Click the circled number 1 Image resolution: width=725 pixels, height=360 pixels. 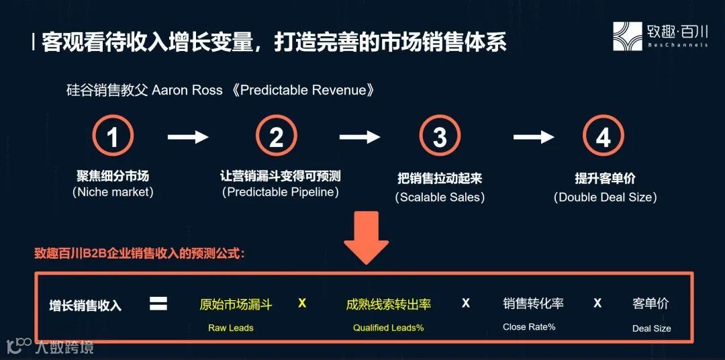pos(113,137)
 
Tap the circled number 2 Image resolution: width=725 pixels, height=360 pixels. pos(276,137)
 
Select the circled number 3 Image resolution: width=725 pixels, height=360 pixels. pos(440,137)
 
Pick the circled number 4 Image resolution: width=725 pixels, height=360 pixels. pos(603,137)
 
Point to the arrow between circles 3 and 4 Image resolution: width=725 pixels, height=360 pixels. pos(534,137)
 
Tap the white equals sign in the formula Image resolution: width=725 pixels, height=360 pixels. pos(158,304)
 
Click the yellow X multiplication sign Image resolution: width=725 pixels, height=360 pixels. pos(302,304)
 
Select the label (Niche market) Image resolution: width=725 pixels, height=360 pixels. pos(113,192)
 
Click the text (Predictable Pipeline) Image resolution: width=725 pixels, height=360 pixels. pos(281,192)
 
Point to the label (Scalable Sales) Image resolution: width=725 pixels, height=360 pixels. pos(440,197)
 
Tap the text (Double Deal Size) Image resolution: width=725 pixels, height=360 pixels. pos(605,197)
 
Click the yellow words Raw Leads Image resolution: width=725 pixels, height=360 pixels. pos(230,328)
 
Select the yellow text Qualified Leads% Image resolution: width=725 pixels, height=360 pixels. pos(389,328)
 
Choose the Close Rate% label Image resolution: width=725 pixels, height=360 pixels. pos(529,327)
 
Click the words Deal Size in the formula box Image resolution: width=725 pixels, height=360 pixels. pos(651,328)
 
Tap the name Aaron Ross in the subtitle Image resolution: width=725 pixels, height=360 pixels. pos(187,90)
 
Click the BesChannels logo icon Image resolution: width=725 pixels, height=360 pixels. pos(628,36)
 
